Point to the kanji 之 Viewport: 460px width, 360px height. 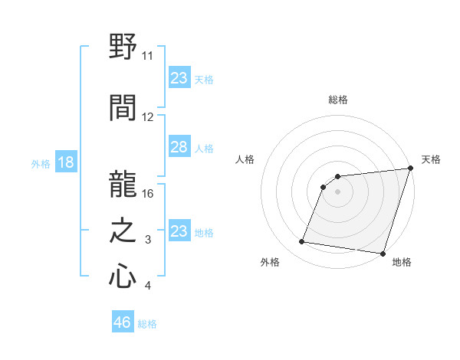pos(123,229)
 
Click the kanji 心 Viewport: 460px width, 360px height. pos(123,275)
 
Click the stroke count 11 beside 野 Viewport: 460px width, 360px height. pos(147,56)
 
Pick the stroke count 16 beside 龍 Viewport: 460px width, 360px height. pos(148,194)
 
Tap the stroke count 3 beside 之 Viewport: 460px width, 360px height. pos(148,241)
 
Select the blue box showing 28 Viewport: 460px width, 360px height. pos(179,147)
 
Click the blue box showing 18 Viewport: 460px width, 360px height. pos(65,162)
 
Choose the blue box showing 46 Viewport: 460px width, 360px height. pos(123,322)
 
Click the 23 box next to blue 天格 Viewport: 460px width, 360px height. pos(179,78)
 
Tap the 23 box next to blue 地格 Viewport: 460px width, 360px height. pos(179,231)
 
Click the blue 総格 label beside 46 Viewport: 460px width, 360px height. pos(147,324)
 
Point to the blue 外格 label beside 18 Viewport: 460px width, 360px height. pos(40,164)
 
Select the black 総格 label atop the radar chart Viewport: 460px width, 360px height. pos(337,100)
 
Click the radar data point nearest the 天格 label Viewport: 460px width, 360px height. pos(410,169)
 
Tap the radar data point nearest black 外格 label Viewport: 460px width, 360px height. pos(302,242)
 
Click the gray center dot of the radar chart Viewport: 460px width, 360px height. pos(337,191)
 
